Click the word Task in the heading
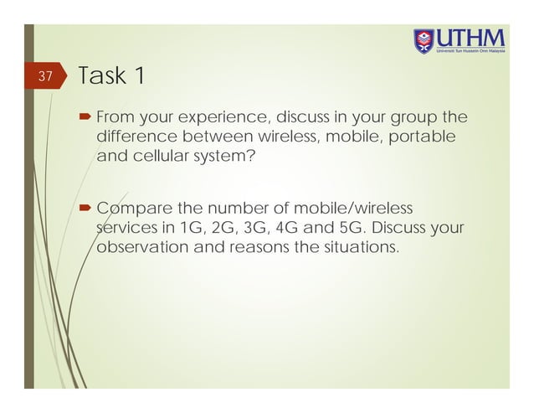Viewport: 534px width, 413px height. click(x=103, y=76)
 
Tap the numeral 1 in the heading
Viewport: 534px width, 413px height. click(x=140, y=76)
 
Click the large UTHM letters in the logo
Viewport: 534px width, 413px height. click(x=472, y=39)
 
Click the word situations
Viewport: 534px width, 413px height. click(x=363, y=248)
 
